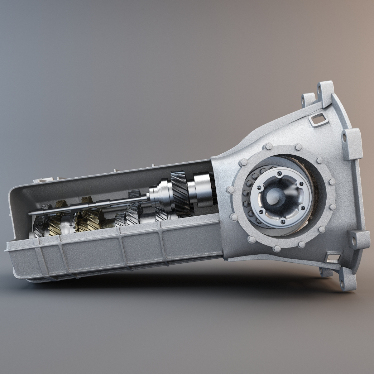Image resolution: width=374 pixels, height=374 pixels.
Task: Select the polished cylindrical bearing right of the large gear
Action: tap(201, 190)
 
